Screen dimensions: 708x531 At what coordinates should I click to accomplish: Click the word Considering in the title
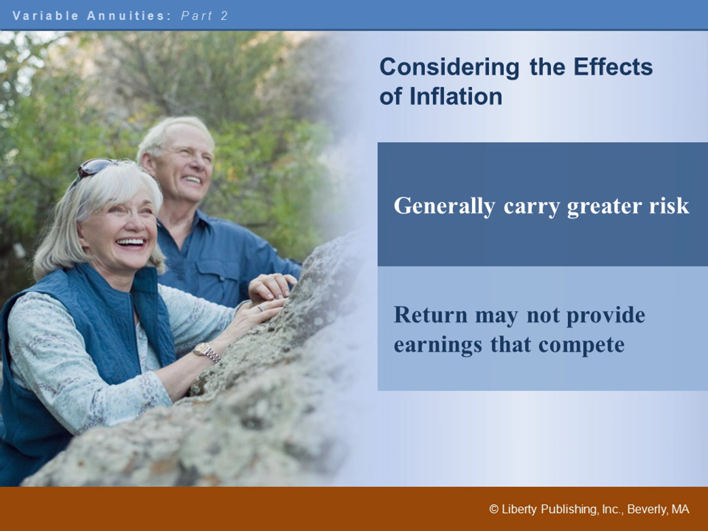449,68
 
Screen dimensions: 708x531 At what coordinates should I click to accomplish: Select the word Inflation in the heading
456,96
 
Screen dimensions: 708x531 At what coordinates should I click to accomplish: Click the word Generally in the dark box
444,206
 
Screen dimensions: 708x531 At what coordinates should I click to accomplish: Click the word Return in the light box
431,315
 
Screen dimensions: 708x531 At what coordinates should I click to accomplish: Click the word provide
606,316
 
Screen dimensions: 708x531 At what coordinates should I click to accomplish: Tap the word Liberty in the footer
519,509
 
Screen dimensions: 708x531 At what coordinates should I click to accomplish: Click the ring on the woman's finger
260,308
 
